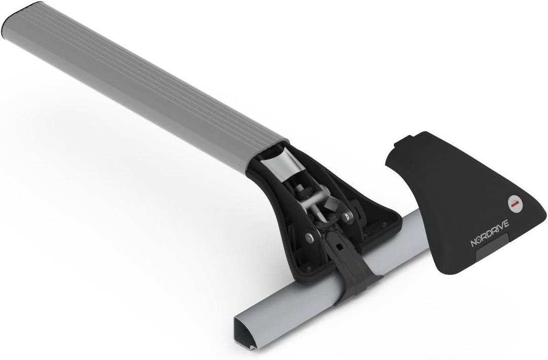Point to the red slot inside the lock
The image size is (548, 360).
[x=516, y=203]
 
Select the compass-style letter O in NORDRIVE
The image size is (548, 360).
[x=480, y=241]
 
